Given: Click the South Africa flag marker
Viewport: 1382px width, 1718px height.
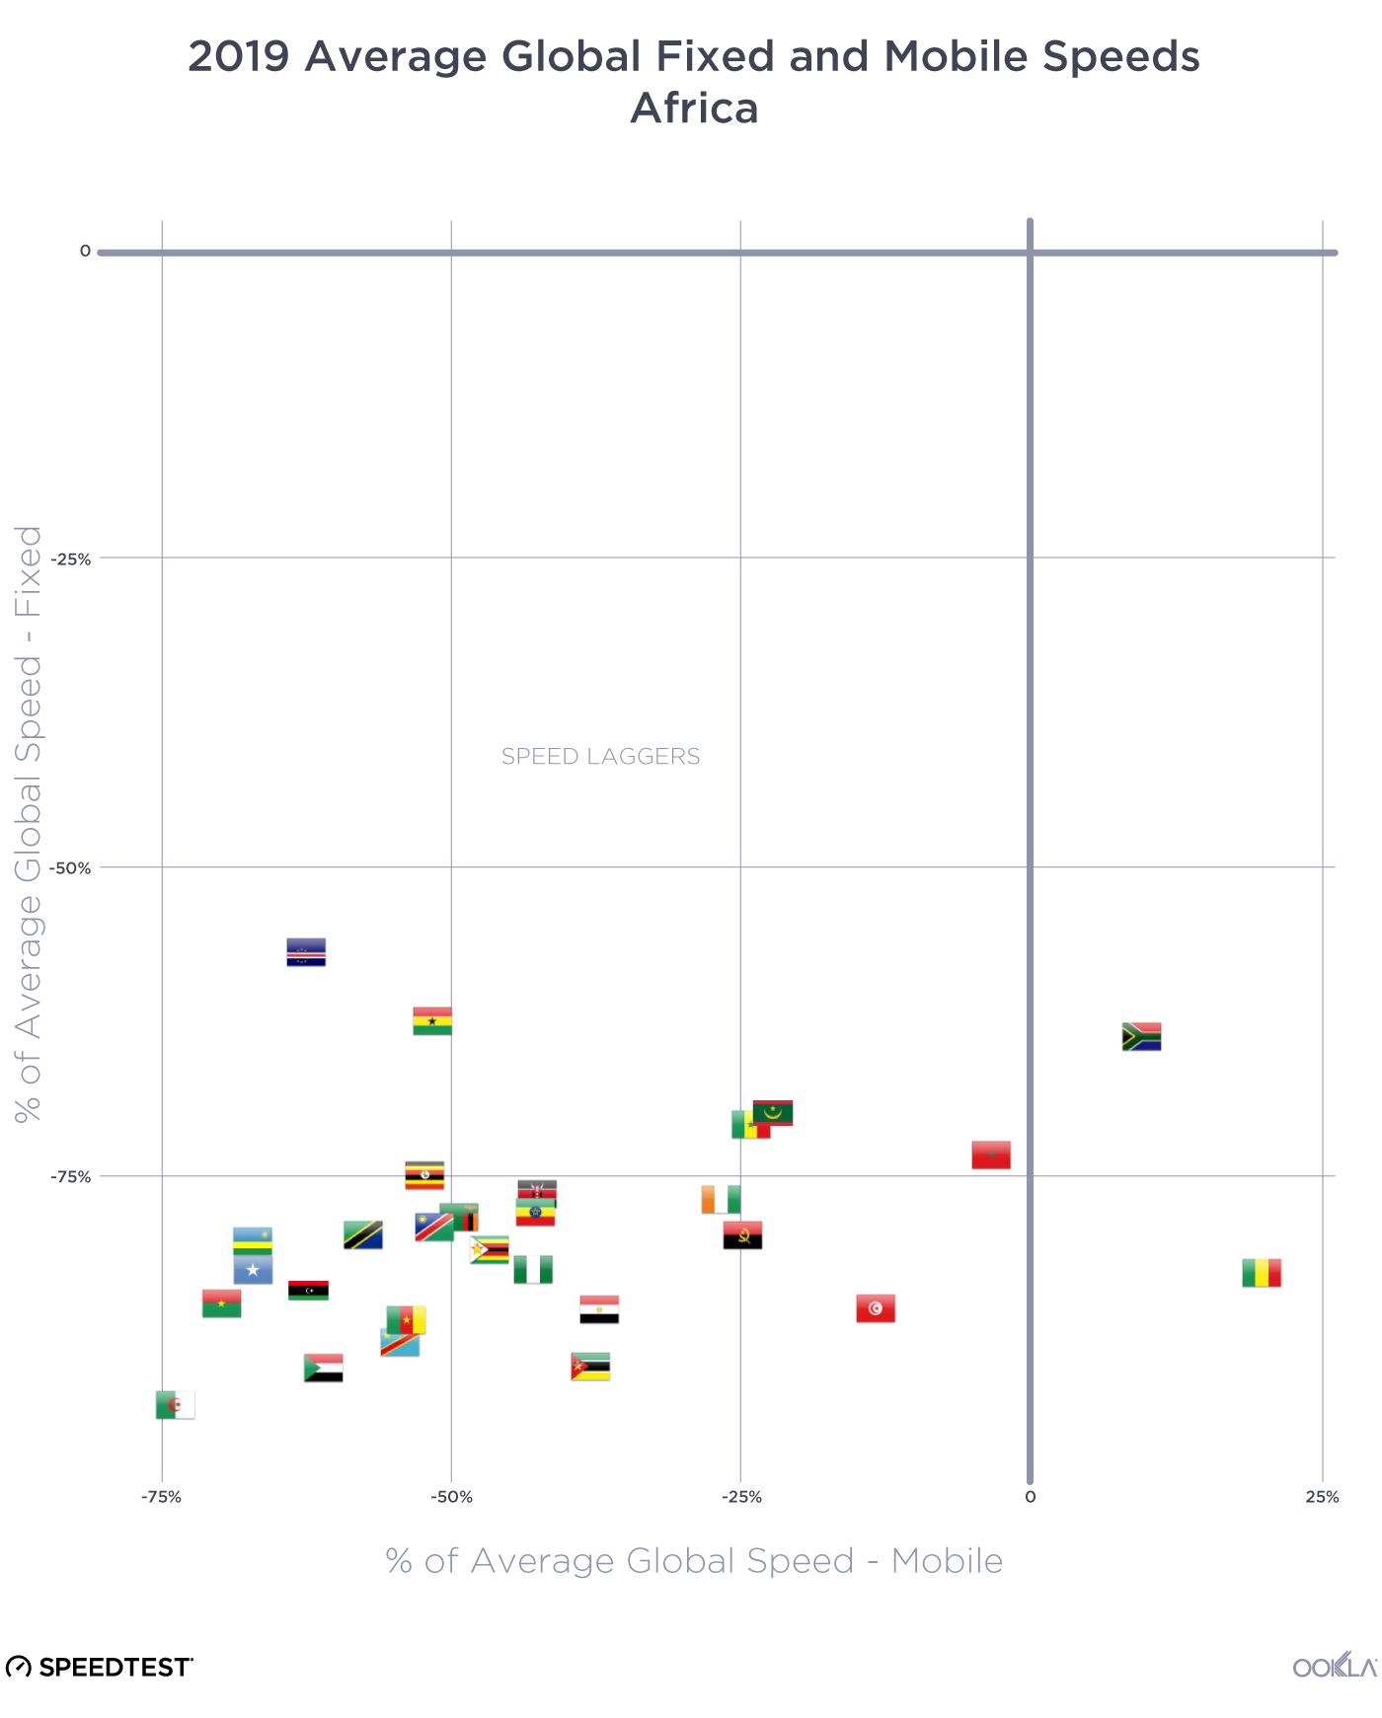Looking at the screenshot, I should [1141, 1037].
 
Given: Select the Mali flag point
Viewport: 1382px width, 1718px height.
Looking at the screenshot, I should [1261, 1273].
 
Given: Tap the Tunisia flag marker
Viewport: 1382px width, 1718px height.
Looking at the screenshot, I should [875, 1308].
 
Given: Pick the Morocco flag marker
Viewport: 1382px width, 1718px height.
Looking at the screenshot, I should [990, 1155].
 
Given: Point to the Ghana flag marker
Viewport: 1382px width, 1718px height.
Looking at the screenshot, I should [432, 1021].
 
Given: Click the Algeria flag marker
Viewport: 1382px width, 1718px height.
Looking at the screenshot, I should [175, 1405].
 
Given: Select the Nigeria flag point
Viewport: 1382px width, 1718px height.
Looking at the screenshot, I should [533, 1270].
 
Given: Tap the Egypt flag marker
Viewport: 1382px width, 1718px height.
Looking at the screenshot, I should [599, 1309].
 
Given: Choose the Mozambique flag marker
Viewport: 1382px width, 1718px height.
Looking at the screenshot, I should [590, 1367].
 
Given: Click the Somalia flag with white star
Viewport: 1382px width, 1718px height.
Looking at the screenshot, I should [253, 1270].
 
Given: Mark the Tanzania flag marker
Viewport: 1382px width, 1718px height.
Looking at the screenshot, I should [362, 1235].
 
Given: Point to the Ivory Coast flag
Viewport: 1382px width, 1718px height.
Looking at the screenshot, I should [721, 1199].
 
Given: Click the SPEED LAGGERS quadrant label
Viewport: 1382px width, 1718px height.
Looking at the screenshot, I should [600, 757].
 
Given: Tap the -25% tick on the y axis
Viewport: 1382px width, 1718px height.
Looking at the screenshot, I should [71, 560].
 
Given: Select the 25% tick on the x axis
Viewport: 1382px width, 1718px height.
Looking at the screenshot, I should [1322, 1497].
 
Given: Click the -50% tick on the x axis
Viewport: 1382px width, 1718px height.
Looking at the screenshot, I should [451, 1497].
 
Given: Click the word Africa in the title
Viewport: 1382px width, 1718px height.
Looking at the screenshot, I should [694, 109].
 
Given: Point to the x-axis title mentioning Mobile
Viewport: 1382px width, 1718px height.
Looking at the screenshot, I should [694, 1561].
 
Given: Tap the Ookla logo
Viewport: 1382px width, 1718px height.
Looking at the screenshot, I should [1335, 1667].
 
